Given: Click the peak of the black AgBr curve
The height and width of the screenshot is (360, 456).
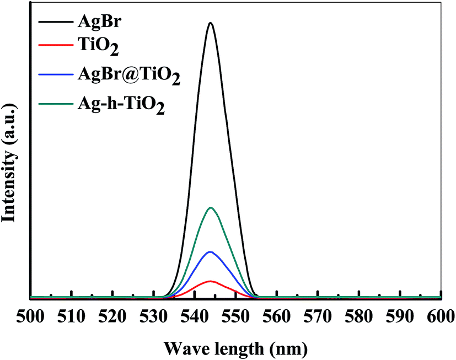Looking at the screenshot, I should click(210, 23).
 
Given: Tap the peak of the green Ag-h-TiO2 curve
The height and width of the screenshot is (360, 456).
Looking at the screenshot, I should click(210, 208).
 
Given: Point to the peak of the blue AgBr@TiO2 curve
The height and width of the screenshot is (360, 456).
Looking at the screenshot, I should click(210, 252).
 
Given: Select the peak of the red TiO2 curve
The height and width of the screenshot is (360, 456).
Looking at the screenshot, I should click(210, 281).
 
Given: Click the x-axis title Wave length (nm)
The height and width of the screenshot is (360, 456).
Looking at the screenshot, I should click(235, 349).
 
